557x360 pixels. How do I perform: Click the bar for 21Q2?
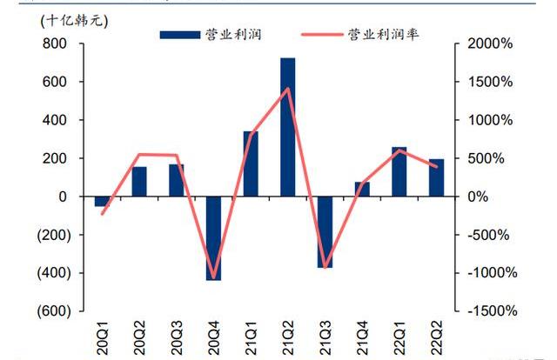coord(287,127)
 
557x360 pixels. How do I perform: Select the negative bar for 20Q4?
coord(213,238)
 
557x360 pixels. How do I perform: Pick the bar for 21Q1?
coord(251,163)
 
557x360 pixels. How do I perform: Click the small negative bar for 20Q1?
coord(102,202)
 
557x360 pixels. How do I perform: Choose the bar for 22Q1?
coord(399,172)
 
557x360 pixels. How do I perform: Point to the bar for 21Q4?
coord(362,190)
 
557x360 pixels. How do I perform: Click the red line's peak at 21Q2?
coord(288,89)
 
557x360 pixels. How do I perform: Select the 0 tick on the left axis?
coord(63,197)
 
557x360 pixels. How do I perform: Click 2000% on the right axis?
coord(493,43)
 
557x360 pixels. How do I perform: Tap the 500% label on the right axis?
coord(489,158)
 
